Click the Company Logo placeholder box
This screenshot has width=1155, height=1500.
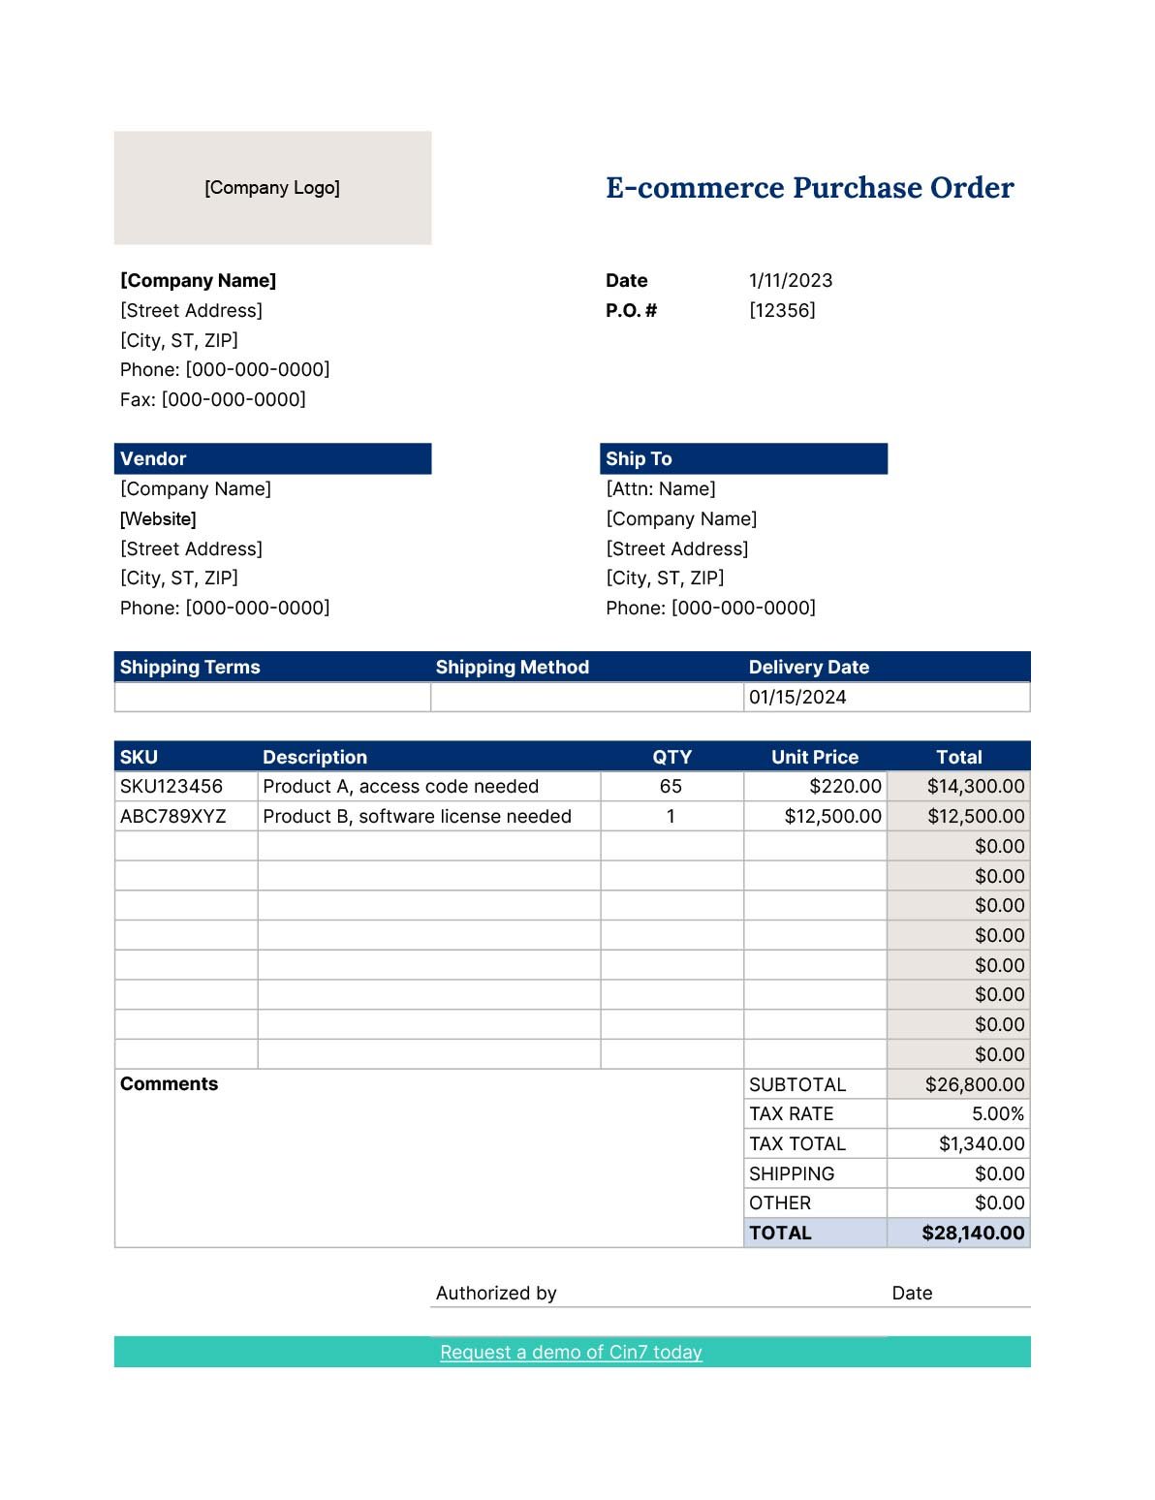[x=272, y=188]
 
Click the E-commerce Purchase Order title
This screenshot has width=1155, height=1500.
[x=809, y=187]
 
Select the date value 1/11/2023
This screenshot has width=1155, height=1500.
[x=791, y=281]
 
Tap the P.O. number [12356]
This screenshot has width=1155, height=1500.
[x=782, y=310]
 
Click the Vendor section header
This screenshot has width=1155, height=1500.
[x=272, y=459]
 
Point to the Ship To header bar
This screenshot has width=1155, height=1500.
[x=743, y=459]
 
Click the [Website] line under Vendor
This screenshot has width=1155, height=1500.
[x=158, y=519]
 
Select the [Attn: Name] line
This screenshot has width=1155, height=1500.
[x=661, y=489]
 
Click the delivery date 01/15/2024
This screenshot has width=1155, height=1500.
[x=797, y=698]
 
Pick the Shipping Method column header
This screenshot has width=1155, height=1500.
[x=512, y=668]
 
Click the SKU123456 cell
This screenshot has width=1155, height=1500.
[x=172, y=787]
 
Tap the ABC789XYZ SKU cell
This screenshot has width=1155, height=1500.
[x=173, y=817]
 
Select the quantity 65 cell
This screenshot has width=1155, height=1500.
[x=671, y=787]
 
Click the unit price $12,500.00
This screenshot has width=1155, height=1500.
[x=832, y=817]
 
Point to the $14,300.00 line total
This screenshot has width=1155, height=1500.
[x=975, y=787]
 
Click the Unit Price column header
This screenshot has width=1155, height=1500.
[x=814, y=758]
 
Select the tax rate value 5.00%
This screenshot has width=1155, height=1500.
[x=997, y=1114]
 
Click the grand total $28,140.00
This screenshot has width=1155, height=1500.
[x=972, y=1234]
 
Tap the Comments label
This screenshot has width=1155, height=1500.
[x=169, y=1084]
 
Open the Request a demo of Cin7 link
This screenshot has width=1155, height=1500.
[x=571, y=1353]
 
